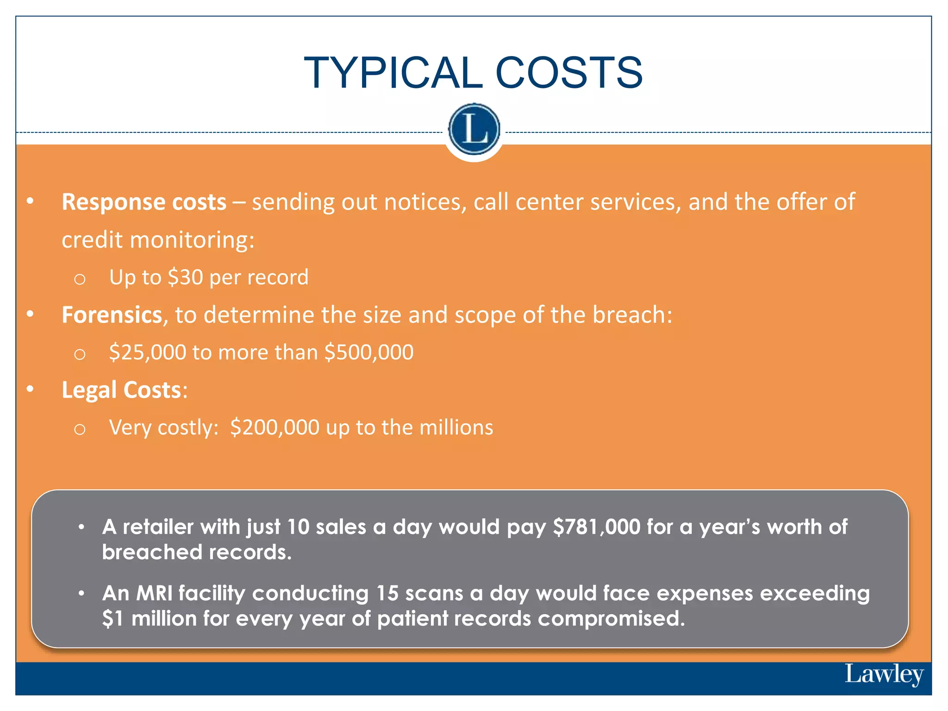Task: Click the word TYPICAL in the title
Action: [393, 73]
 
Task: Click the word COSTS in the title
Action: [569, 73]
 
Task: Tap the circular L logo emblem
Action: [474, 129]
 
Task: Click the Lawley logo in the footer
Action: [884, 674]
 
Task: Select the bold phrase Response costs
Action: [144, 202]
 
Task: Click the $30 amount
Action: [185, 277]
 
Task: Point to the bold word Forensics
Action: [112, 315]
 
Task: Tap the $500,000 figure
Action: [368, 352]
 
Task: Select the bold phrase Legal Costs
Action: [121, 390]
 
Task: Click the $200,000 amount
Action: [274, 427]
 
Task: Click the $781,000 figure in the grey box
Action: [597, 527]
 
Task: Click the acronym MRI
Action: [154, 593]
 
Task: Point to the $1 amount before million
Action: [112, 618]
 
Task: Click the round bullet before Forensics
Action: [30, 314]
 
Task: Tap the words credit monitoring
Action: [158, 240]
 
